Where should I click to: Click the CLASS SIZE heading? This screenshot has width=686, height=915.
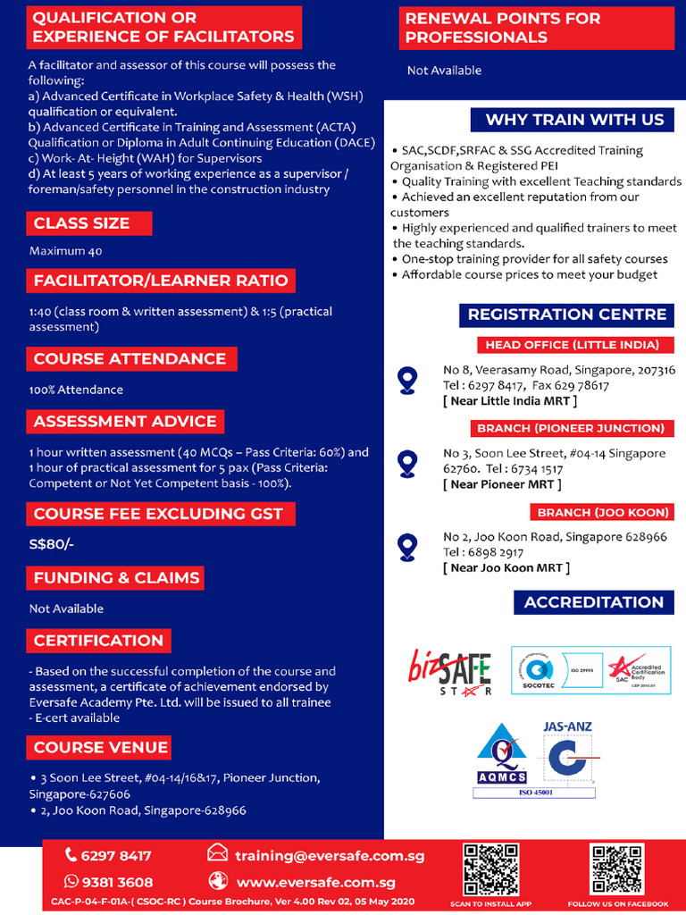(82, 223)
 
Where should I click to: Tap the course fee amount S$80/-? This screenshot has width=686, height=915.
(52, 544)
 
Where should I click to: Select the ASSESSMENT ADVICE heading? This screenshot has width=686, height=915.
(125, 421)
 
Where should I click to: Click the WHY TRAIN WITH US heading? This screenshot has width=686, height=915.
(574, 120)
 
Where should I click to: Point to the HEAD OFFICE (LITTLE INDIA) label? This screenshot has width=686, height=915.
(572, 345)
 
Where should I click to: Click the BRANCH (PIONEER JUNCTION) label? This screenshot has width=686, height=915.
(571, 429)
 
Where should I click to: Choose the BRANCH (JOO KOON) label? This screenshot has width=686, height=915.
(603, 513)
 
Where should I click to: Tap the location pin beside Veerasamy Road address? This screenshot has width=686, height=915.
(407, 381)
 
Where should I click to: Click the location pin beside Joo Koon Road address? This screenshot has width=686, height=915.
(407, 546)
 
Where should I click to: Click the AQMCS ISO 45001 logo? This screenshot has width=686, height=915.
(501, 759)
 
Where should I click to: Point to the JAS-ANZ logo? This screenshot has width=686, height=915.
(567, 758)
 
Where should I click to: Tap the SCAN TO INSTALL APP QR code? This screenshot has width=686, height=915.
(490, 869)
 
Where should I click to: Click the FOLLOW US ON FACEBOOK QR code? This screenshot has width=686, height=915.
(617, 869)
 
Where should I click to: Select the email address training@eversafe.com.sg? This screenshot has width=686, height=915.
(330, 856)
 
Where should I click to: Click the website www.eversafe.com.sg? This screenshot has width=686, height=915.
(315, 882)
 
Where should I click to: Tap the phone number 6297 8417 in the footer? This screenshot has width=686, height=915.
(116, 856)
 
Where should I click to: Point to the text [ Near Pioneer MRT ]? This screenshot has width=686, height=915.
(502, 484)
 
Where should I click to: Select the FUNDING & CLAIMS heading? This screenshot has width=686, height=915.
(116, 578)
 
